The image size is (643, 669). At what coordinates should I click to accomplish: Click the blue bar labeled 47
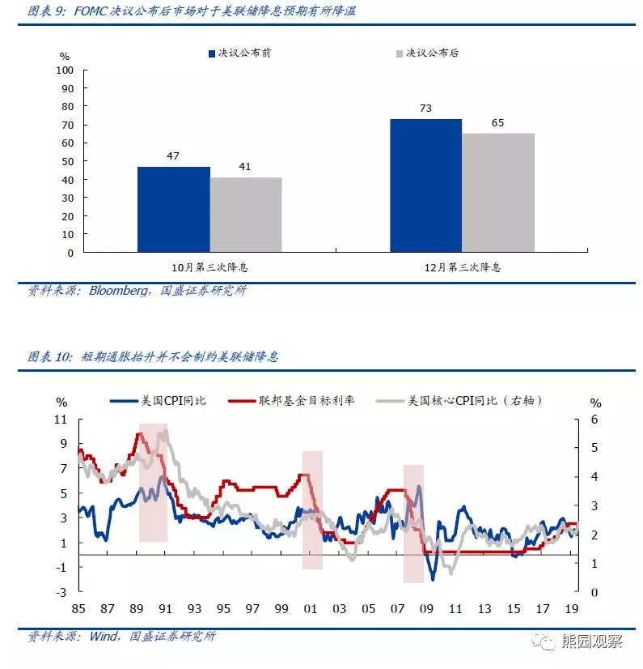point(173,209)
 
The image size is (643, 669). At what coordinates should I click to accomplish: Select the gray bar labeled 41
point(246,215)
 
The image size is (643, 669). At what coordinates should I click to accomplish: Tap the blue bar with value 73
point(425,185)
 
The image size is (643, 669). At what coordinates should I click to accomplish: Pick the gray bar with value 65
point(498,193)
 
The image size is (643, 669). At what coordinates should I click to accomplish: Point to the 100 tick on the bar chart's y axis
point(66,70)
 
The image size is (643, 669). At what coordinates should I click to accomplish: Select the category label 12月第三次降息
point(463,266)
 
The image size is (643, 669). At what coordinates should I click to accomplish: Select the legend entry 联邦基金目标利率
point(304,400)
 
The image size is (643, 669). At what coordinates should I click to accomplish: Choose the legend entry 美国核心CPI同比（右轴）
point(472,400)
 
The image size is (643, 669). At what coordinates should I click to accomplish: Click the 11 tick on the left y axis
point(61,420)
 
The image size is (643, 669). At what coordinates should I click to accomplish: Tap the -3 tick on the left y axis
point(61,593)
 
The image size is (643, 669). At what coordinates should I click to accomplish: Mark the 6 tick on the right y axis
point(596,420)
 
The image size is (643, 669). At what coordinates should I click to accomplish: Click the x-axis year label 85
point(78,608)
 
